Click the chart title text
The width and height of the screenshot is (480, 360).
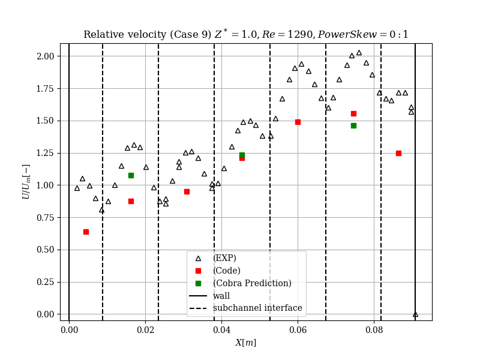(246, 34)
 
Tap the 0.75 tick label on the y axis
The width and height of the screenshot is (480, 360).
(44, 218)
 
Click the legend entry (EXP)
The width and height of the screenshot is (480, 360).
(224, 258)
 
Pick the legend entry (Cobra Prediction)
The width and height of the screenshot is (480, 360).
(252, 283)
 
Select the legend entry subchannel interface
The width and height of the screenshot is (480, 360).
(257, 308)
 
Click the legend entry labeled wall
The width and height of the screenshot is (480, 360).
(221, 296)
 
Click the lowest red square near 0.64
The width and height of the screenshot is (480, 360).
(86, 232)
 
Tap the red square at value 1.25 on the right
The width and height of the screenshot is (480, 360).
(398, 153)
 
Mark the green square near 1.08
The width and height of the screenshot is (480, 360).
(131, 175)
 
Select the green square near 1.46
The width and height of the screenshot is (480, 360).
(353, 125)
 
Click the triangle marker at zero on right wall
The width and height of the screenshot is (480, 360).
(415, 314)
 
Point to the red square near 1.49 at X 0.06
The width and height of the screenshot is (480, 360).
(298, 122)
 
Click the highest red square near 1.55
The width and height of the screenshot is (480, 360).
(353, 113)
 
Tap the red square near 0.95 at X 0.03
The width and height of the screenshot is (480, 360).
(187, 191)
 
